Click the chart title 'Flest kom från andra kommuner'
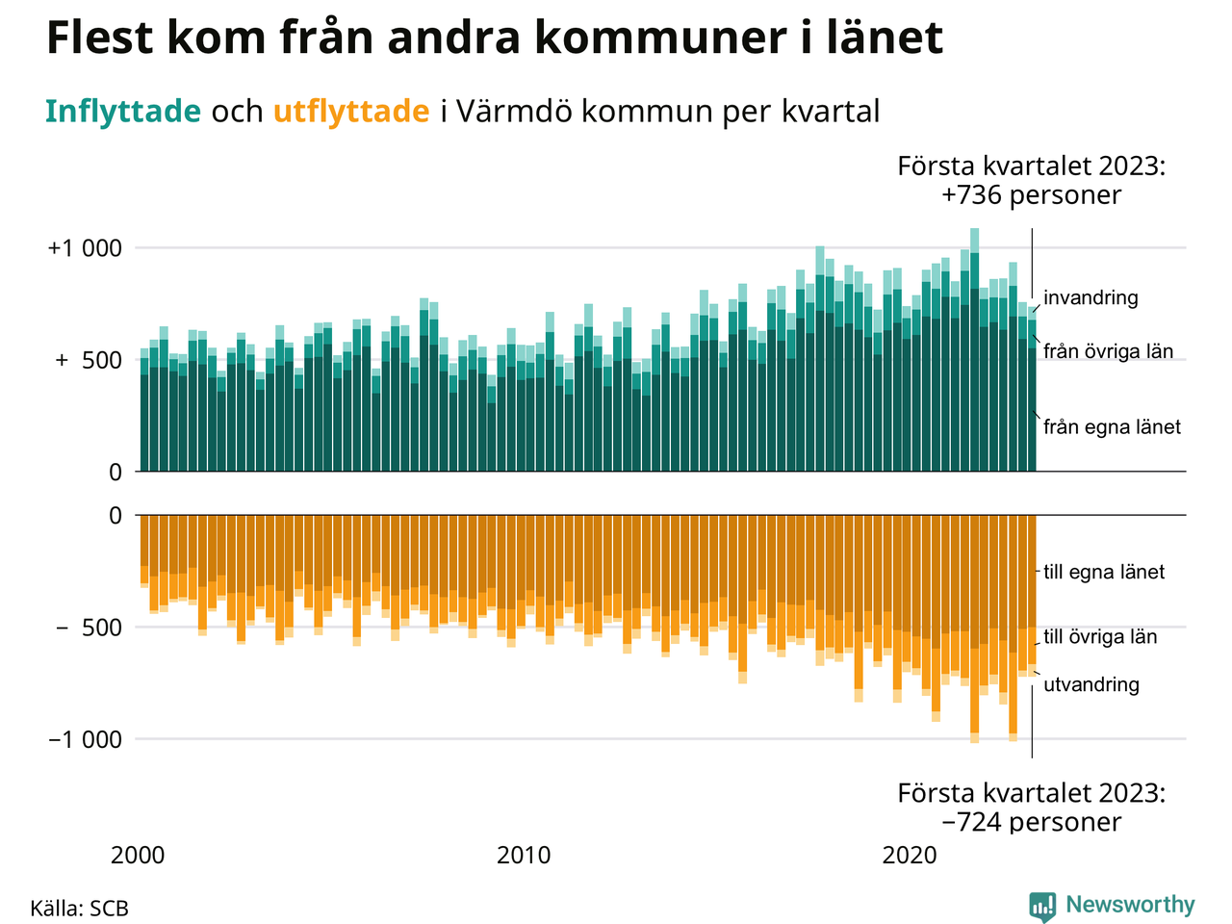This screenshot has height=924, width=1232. coord(494,38)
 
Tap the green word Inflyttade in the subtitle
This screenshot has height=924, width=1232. coord(122,112)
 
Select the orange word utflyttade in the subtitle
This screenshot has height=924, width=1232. coord(351,112)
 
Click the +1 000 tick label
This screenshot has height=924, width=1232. coord(85,248)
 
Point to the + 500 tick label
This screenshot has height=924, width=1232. coord(89,361)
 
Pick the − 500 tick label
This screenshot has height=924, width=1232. coord(89,628)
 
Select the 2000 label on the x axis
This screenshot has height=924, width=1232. coord(138,855)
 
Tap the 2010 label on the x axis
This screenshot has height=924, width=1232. coord(524,855)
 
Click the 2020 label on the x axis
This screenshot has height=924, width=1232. coord(910,855)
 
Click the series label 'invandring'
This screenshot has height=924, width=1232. coord(1091,297)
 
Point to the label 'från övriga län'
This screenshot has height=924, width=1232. coord(1108,351)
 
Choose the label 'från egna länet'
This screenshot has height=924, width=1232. coord(1112,426)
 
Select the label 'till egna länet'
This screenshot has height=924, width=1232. coord(1104,572)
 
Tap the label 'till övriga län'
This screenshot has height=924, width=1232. coord(1100,636)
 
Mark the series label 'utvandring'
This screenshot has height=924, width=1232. coord(1091,684)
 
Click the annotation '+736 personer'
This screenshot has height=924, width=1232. coord(1031,195)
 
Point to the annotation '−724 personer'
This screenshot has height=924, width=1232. coord(1031,822)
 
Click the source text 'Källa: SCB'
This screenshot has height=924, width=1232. coord(79,909)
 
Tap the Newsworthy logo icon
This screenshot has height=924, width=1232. coord(1042,906)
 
